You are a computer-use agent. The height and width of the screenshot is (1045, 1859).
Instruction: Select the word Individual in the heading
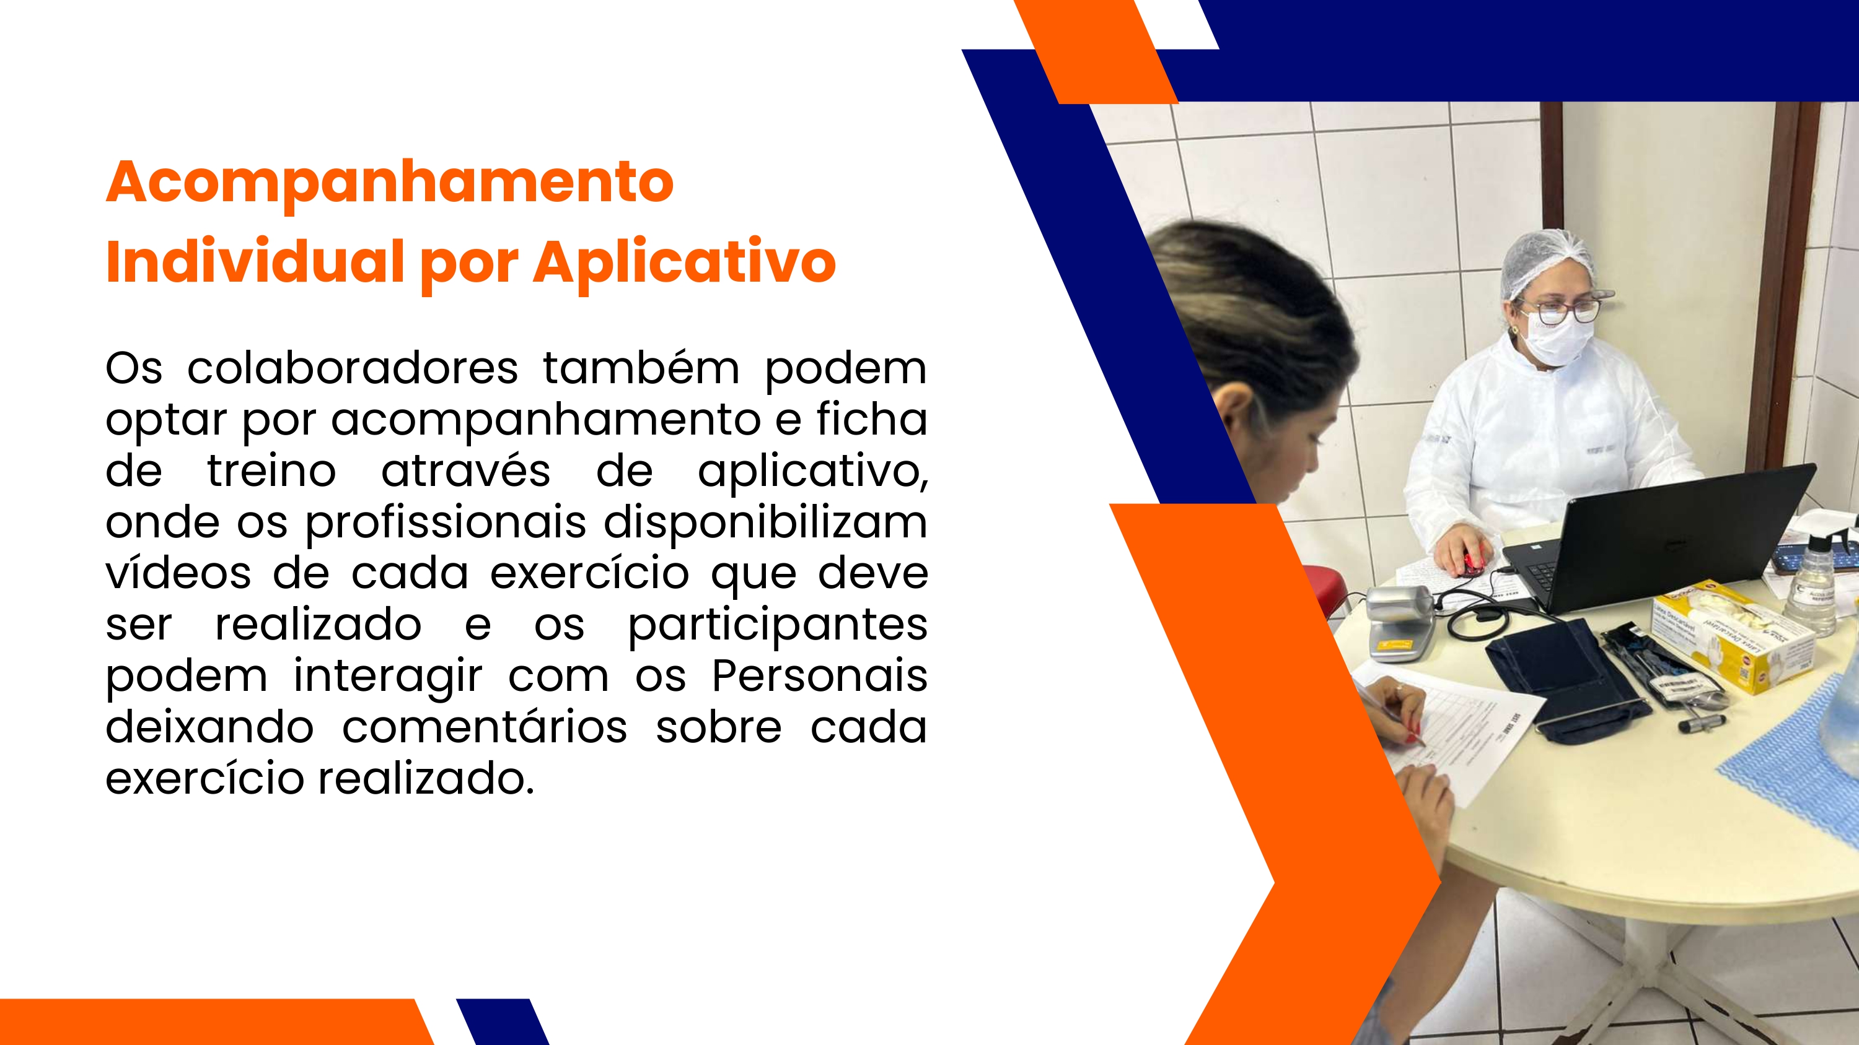tap(255, 261)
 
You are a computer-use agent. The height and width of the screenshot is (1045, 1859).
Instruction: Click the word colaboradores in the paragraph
tap(353, 368)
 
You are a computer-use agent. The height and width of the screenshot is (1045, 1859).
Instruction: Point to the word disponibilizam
tap(766, 524)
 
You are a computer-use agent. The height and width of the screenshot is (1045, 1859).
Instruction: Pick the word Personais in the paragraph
tap(820, 677)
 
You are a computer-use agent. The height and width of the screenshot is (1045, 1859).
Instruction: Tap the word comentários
tap(485, 727)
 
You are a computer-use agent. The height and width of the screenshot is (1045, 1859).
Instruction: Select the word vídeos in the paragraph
tap(178, 573)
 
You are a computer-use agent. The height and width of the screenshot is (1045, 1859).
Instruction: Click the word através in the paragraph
tap(465, 472)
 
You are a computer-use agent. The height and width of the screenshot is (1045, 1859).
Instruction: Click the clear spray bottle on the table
tap(1812, 588)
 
